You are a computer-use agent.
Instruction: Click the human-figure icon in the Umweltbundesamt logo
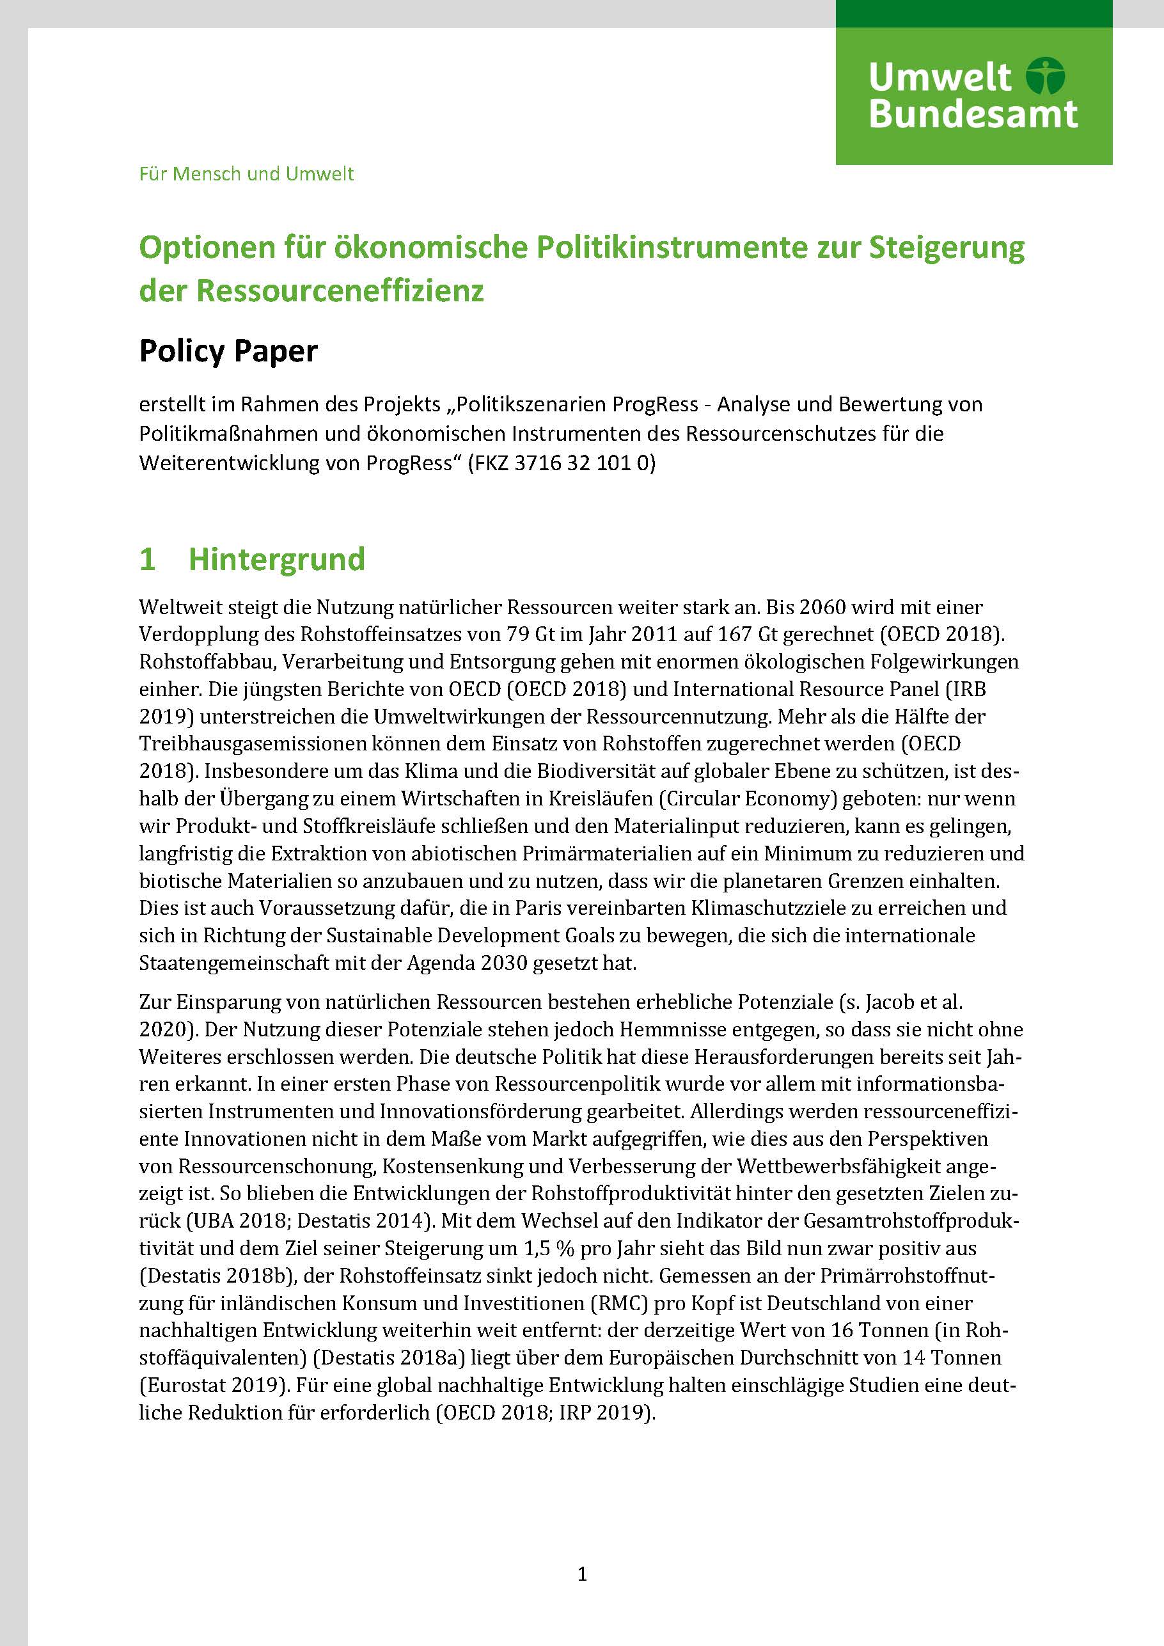pos(1046,77)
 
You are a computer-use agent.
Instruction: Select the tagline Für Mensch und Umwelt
pos(247,174)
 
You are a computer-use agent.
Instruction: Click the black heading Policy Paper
pos(228,351)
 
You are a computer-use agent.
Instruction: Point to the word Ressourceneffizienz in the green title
pos(340,290)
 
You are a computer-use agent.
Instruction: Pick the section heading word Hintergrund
pos(277,559)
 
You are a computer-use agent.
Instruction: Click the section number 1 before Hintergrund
pos(147,559)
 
